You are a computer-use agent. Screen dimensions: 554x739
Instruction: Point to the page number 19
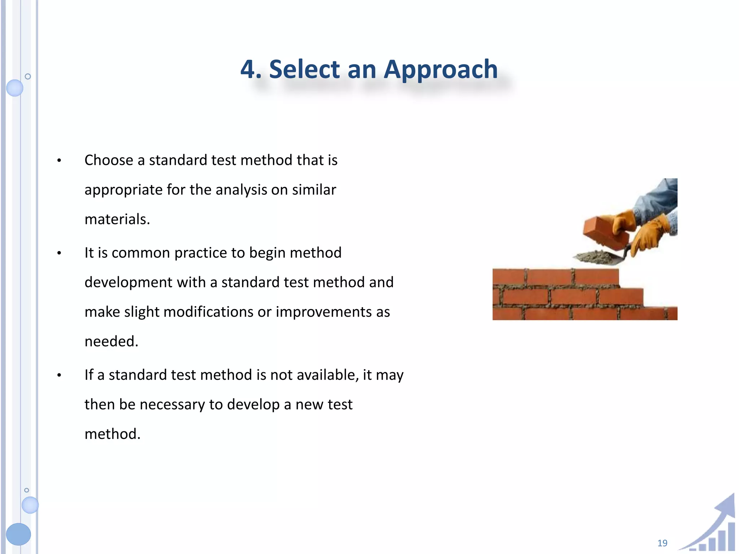pyautogui.click(x=662, y=543)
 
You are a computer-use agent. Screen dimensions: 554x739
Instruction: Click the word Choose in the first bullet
pyautogui.click(x=109, y=160)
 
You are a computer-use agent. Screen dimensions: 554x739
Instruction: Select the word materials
pyautogui.click(x=117, y=219)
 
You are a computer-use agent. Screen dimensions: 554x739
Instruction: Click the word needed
pyautogui.click(x=111, y=341)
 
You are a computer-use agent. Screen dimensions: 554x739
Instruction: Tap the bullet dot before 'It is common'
pyautogui.click(x=59, y=253)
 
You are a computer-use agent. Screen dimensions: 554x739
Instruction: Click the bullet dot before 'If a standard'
pyautogui.click(x=59, y=375)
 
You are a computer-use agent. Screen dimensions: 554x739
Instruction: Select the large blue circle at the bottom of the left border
pyautogui.click(x=18, y=534)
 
